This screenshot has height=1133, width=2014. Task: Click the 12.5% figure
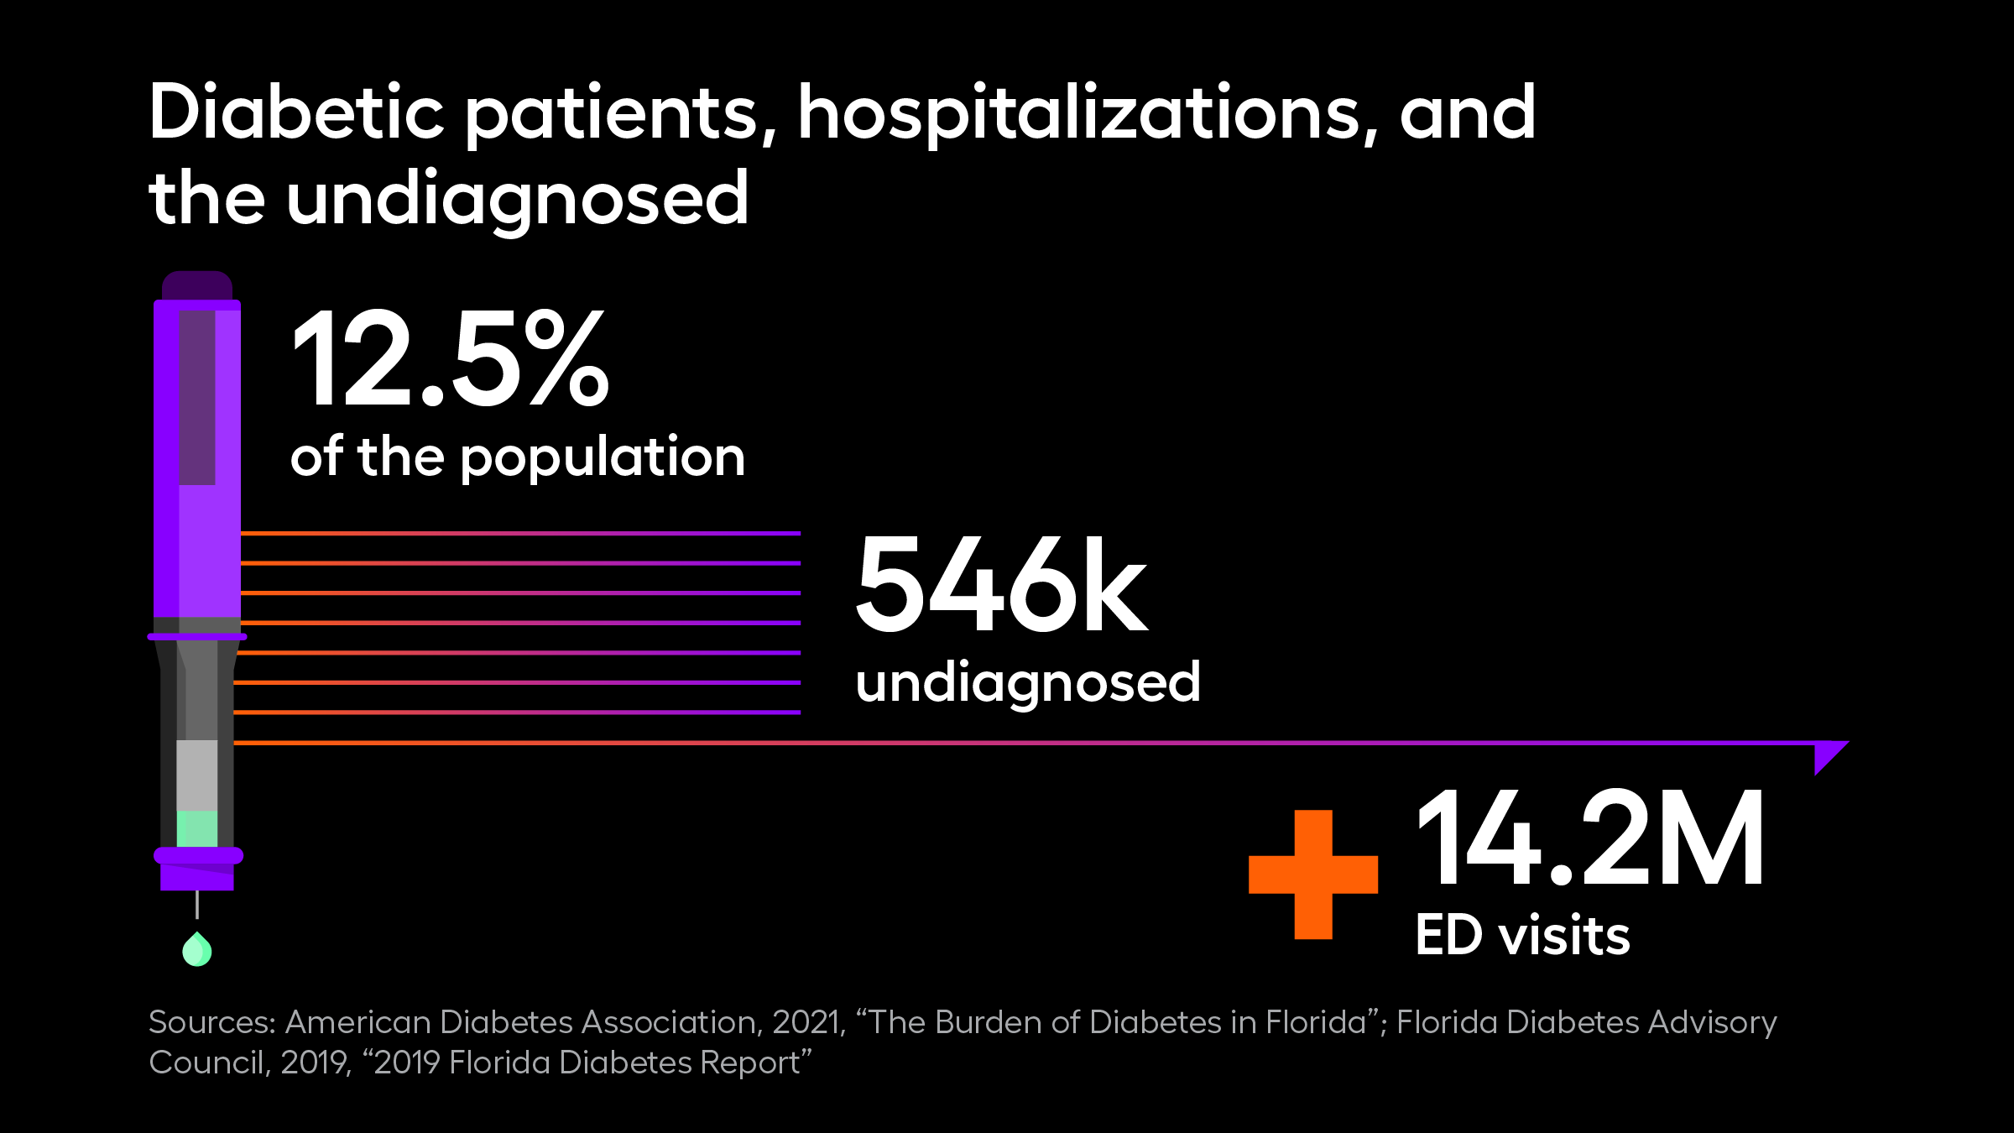450,359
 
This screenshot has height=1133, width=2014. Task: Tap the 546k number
1000,584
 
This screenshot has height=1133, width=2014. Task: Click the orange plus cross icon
1313,875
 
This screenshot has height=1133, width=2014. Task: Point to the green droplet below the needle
197,951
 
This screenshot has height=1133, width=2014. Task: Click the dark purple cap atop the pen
197,285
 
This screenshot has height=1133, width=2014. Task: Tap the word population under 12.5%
603,459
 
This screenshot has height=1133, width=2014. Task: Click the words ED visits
1522,936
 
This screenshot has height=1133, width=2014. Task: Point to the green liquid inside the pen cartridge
197,828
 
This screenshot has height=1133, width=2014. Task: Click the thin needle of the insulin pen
197,905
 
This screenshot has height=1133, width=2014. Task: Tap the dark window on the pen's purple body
197,397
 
